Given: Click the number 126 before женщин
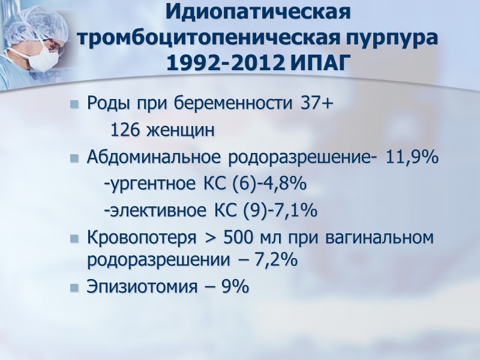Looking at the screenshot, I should [x=124, y=130].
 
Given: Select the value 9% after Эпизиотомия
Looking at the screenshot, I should [x=235, y=287].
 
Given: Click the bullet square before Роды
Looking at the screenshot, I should [x=74, y=104].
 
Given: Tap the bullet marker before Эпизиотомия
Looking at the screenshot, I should [x=74, y=287].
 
